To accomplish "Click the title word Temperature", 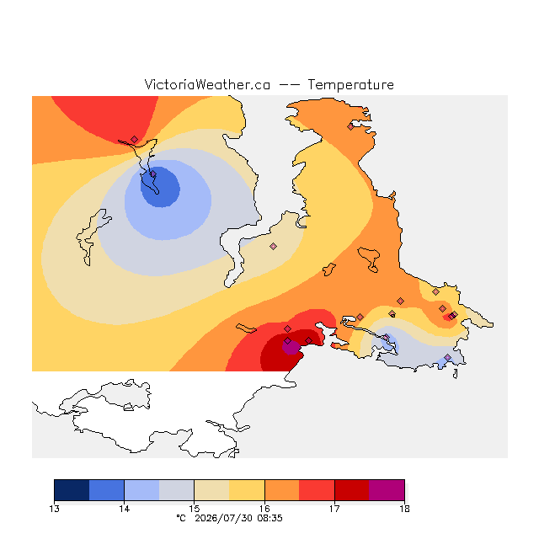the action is [350, 84].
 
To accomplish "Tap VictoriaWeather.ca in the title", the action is [207, 84].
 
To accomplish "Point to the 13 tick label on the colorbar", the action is [54, 509].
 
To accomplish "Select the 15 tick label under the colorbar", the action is [195, 509].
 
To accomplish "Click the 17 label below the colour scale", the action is [334, 509].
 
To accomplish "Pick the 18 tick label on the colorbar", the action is [404, 509].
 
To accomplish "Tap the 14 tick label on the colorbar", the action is [125, 509].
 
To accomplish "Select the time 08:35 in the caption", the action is [269, 518].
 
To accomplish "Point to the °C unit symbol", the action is [181, 518].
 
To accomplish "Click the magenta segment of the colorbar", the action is [387, 490].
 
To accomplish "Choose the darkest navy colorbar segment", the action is [72, 490].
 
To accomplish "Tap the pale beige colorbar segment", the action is [211, 490].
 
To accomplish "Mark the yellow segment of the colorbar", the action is [247, 490].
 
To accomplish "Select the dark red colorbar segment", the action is [352, 490].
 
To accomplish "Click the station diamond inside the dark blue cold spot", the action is [153, 174].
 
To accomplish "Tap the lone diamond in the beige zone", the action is [273, 246].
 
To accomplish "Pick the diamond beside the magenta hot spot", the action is [288, 340].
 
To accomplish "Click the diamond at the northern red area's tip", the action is [135, 139].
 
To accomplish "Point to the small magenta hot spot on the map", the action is [291, 347].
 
